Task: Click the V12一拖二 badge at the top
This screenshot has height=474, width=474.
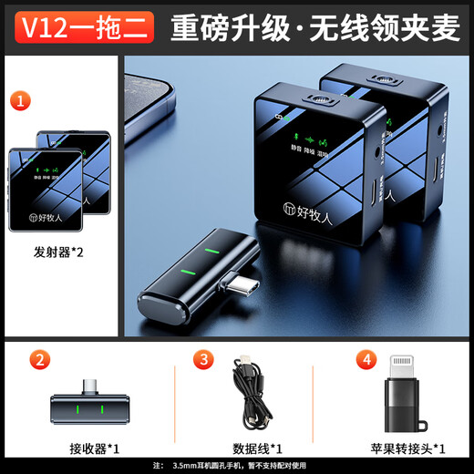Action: (79, 28)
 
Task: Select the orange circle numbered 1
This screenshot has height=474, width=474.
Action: (19, 99)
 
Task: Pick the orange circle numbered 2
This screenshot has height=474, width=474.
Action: (37, 359)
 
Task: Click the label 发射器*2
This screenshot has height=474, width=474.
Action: (59, 252)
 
